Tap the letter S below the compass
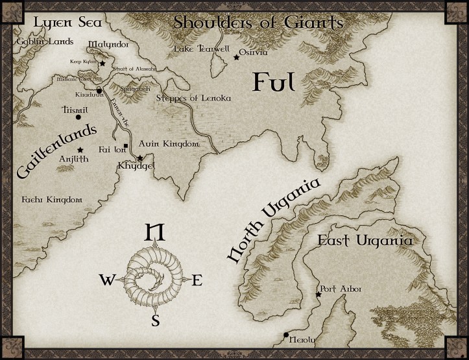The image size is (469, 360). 156,320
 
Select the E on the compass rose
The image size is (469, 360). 198,280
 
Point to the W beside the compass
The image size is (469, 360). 107,280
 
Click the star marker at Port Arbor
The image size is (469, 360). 319,295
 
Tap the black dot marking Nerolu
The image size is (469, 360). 286,335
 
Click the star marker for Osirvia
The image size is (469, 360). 236,58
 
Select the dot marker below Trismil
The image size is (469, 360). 78,117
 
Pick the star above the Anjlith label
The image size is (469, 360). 80,150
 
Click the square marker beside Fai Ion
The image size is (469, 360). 126,145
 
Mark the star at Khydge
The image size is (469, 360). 140,158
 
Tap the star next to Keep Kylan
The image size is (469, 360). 102,64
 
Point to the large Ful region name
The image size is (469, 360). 274,82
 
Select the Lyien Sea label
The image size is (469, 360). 58,23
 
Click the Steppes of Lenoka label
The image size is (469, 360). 193,98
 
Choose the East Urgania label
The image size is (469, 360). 364,241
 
